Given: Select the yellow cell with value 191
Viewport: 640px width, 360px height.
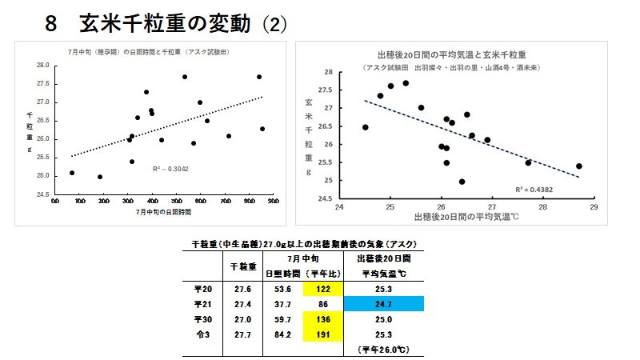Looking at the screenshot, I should pyautogui.click(x=323, y=334).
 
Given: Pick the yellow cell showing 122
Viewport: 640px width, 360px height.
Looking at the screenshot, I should pyautogui.click(x=323, y=289).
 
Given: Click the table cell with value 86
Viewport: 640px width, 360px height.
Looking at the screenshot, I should pyautogui.click(x=323, y=304).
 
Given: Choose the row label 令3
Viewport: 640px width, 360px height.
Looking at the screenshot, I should pyautogui.click(x=202, y=334).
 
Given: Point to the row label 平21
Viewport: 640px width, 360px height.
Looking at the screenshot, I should pyautogui.click(x=202, y=304).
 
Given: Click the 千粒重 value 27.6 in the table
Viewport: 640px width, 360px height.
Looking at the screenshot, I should pyautogui.click(x=242, y=289).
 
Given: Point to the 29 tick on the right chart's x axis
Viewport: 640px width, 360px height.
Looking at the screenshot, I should pyautogui.click(x=594, y=207).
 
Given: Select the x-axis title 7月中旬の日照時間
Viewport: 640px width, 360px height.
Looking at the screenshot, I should pyautogui.click(x=164, y=214).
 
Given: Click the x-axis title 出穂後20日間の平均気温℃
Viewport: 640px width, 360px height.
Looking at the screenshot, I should pyautogui.click(x=466, y=217).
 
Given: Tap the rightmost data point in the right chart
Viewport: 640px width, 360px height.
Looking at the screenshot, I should pyautogui.click(x=578, y=166).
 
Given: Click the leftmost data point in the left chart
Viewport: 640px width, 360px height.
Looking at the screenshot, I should pyautogui.click(x=72, y=173).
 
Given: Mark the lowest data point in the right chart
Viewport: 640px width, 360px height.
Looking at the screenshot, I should pyautogui.click(x=462, y=182).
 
